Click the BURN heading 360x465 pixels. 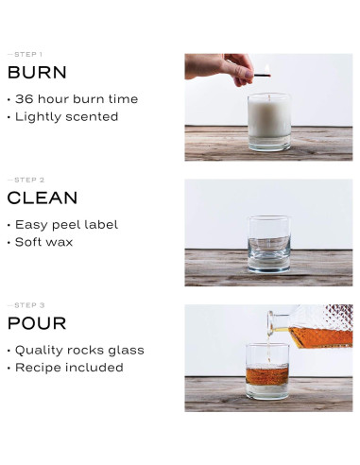[37, 72]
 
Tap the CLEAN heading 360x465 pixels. [43, 198]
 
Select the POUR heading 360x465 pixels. [37, 323]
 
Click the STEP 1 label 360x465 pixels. [26, 55]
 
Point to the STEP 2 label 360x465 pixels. [26, 180]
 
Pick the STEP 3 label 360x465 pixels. [26, 305]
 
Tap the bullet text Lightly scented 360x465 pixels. [67, 117]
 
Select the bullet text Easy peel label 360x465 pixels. [67, 225]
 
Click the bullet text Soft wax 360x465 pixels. [44, 242]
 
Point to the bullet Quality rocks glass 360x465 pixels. [79, 351]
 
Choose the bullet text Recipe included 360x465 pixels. [69, 368]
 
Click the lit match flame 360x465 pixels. [267, 69]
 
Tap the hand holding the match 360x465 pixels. [219, 69]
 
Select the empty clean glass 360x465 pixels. [269, 244]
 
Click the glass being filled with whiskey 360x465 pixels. [267, 371]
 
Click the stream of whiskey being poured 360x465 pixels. [268, 349]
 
